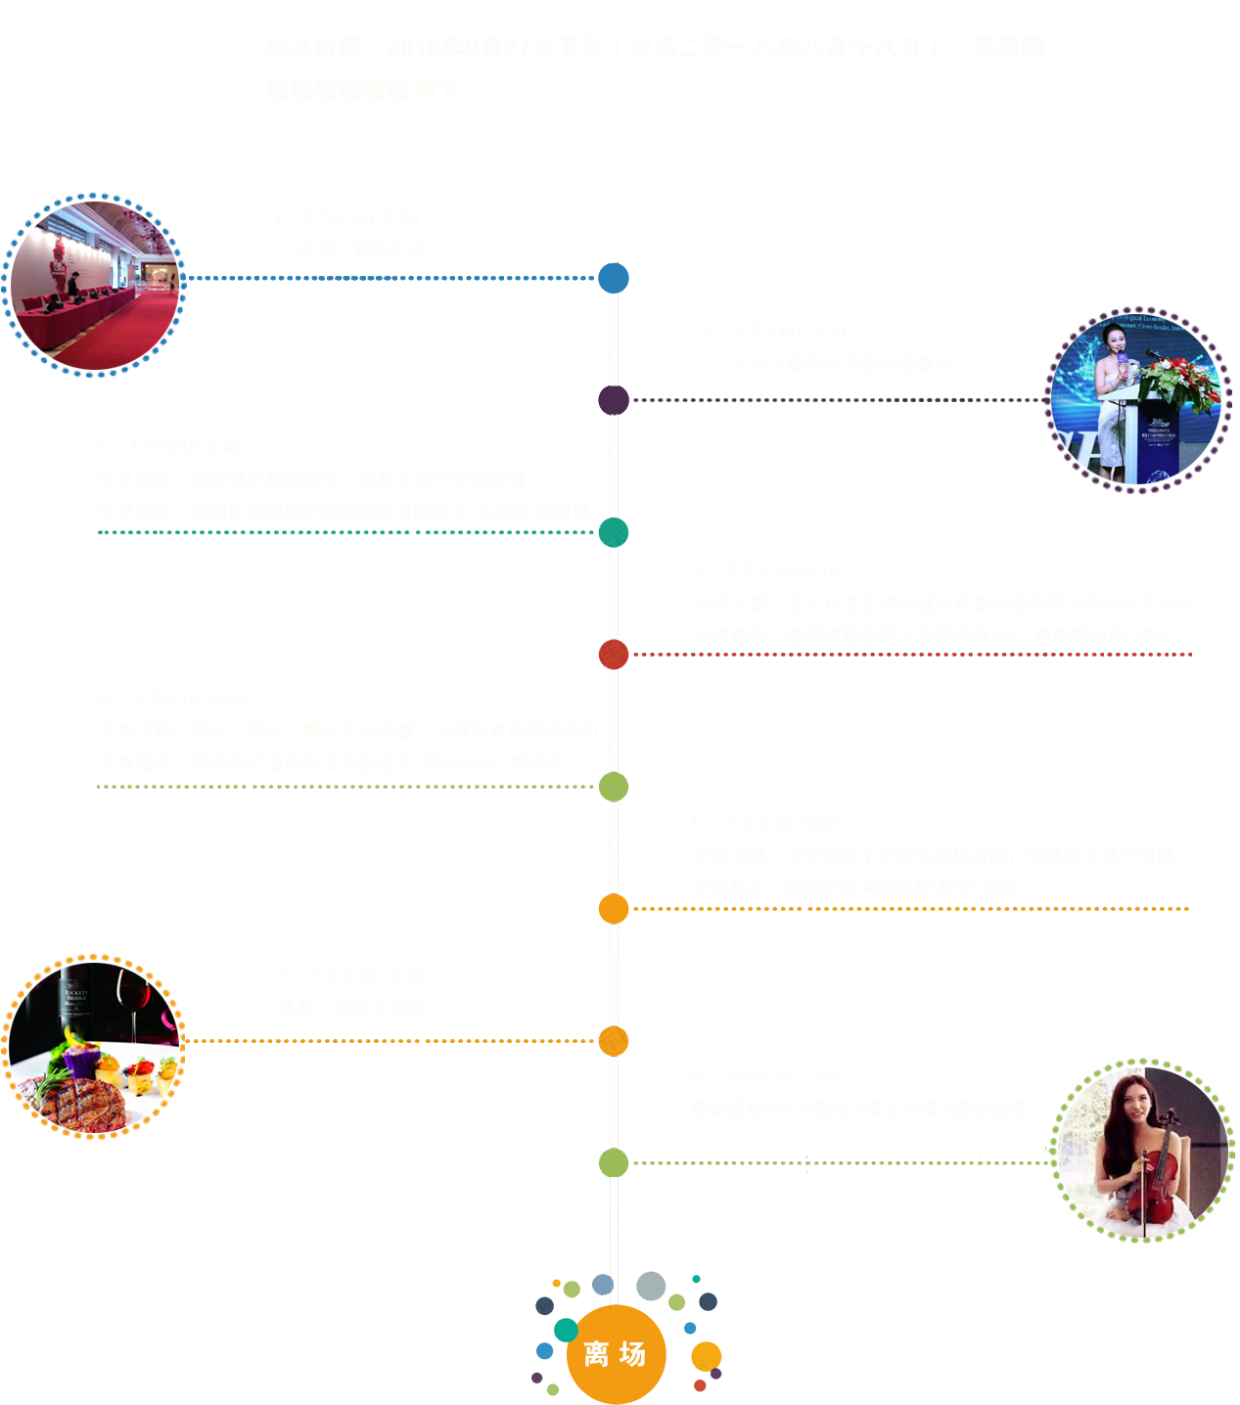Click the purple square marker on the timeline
[614, 400]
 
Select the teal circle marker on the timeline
[614, 532]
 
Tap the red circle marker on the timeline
[614, 655]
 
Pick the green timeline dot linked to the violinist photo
[614, 1163]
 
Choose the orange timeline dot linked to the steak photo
[614, 1041]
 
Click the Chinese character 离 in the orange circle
[596, 1355]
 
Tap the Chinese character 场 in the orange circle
[633, 1355]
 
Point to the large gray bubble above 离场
[651, 1286]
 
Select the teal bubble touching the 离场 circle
[566, 1331]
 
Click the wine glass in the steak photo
[133, 1000]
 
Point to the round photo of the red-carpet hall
[94, 286]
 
